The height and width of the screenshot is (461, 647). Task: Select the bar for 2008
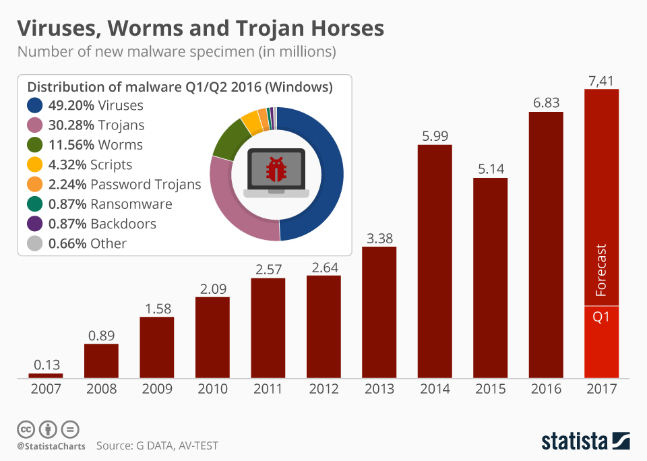tap(101, 361)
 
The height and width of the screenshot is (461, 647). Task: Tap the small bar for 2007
tap(46, 375)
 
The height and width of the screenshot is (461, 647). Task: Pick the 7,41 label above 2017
tap(601, 81)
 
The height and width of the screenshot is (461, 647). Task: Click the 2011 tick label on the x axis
tap(268, 389)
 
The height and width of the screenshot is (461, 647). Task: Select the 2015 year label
tap(490, 389)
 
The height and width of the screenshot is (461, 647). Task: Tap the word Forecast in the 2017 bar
tap(602, 270)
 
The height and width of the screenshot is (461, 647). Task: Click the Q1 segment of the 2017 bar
tap(601, 340)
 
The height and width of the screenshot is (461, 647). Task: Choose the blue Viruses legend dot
tap(35, 105)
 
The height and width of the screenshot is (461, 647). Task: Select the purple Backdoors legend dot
tap(35, 224)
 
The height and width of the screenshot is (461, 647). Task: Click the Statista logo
tap(585, 441)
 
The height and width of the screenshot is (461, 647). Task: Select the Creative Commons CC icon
tap(26, 429)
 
